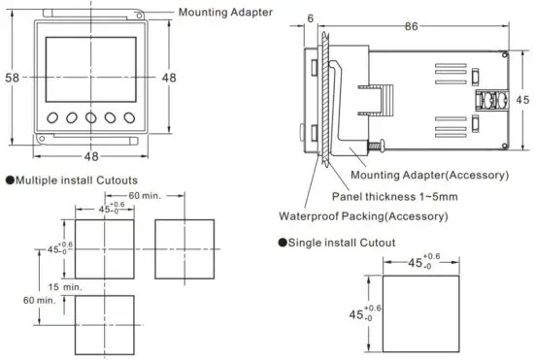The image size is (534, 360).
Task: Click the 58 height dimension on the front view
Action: [x=13, y=78]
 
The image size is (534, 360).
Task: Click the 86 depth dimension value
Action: [x=412, y=26]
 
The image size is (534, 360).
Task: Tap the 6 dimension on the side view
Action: [x=311, y=18]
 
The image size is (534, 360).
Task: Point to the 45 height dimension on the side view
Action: [x=522, y=100]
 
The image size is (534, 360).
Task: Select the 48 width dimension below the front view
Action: [x=91, y=156]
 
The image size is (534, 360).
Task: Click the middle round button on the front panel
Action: [x=91, y=117]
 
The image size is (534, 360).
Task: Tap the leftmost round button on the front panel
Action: [x=52, y=117]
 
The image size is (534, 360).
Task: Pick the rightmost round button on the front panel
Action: [x=129, y=117]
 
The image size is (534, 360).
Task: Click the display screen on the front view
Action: [x=91, y=70]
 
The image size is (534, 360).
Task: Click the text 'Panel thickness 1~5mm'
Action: [x=395, y=196]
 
